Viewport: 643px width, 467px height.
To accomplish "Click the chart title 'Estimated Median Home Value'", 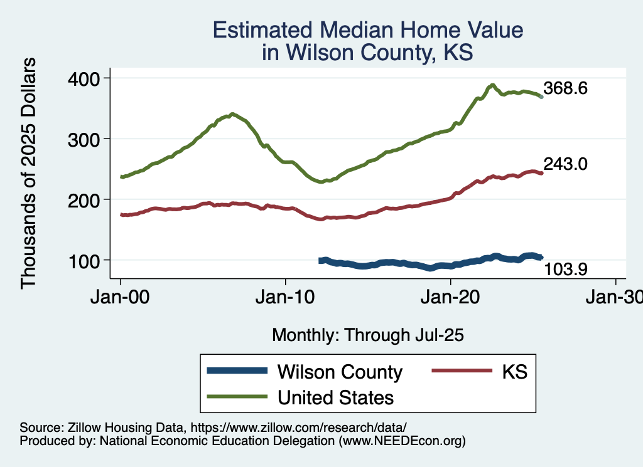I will click(x=367, y=30).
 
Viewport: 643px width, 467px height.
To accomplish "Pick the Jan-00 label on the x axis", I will click(x=121, y=298).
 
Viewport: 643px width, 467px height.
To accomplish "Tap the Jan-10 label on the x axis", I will click(x=286, y=298).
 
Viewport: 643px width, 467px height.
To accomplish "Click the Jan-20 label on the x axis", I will click(x=451, y=298).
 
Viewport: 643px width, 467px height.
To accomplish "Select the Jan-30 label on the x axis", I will click(x=615, y=298).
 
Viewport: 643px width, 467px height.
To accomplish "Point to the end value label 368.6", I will click(x=565, y=88).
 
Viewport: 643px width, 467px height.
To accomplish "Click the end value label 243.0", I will click(x=565, y=164).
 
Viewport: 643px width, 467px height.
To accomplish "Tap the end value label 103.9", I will click(x=565, y=270).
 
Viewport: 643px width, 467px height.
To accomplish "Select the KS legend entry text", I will click(x=514, y=372).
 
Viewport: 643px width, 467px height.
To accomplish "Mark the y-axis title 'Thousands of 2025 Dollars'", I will click(x=29, y=174).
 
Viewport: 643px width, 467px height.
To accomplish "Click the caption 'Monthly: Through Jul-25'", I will click(x=367, y=335).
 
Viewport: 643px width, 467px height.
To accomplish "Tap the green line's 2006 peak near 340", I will click(x=232, y=114).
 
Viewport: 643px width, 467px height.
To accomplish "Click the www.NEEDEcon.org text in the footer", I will click(x=402, y=441).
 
